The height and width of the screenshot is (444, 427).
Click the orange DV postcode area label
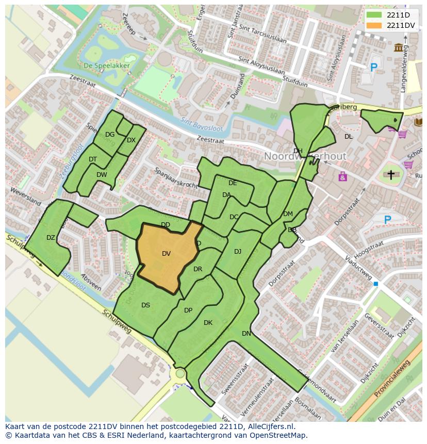click(x=166, y=253)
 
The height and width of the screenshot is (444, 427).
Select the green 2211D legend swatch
click(x=374, y=15)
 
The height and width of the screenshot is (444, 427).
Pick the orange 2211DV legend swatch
click(x=374, y=25)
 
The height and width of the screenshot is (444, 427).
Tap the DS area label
click(x=145, y=305)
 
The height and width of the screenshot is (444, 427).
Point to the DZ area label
click(x=51, y=238)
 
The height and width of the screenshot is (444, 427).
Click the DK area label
click(x=208, y=323)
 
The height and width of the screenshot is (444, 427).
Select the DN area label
click(x=247, y=334)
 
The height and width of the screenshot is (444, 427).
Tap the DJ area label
click(x=238, y=252)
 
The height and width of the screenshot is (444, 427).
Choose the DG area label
click(x=110, y=135)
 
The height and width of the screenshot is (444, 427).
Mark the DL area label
click(x=349, y=136)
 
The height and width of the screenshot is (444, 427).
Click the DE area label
click(x=233, y=183)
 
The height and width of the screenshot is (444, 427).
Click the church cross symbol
click(x=391, y=175)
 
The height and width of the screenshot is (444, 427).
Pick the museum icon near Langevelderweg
click(x=399, y=48)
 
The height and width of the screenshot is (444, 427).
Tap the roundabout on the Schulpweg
click(x=180, y=373)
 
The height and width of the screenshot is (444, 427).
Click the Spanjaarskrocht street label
click(x=175, y=177)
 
